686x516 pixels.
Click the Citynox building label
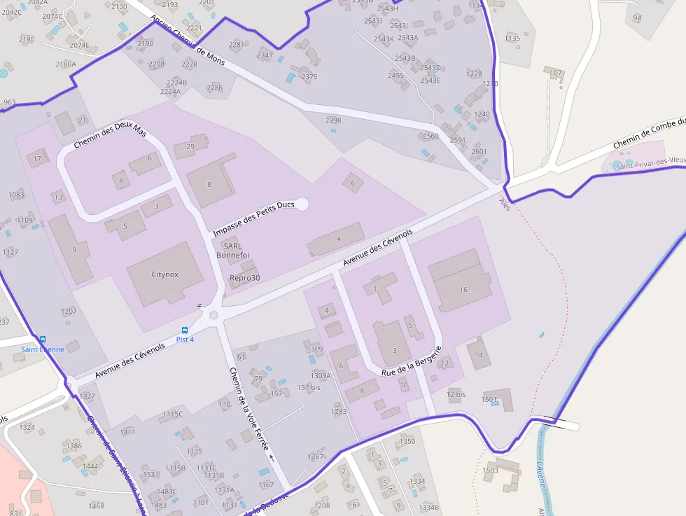165,275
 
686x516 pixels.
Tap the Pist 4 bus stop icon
185,330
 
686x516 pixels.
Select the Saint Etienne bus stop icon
43,340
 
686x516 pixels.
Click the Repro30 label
245,278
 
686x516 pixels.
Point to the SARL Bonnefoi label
232,251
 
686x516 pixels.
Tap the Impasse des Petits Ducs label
254,218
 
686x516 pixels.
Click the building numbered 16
463,289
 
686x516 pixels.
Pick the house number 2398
333,120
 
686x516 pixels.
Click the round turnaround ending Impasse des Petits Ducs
302,204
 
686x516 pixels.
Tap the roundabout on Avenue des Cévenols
214,316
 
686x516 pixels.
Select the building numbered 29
190,146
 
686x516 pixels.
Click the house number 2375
309,77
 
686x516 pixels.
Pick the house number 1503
491,470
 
